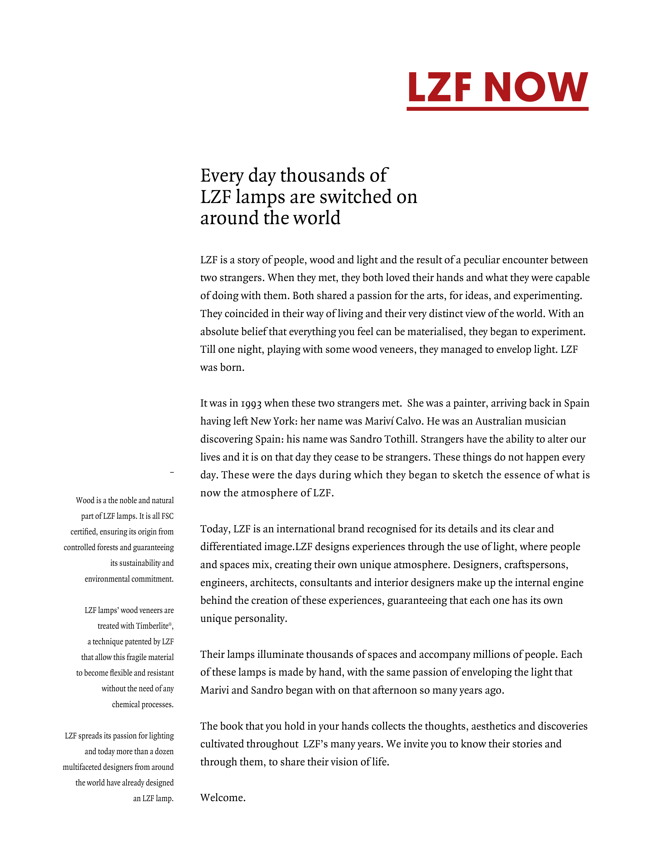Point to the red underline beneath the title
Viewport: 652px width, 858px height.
pos(497,109)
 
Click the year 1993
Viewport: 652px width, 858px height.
pos(251,404)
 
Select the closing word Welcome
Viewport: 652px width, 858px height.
pos(223,798)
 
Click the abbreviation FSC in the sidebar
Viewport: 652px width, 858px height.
pos(167,516)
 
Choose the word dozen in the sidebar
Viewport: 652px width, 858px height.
pos(164,752)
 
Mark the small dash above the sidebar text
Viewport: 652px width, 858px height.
pos(172,472)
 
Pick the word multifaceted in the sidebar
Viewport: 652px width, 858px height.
pos(82,767)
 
